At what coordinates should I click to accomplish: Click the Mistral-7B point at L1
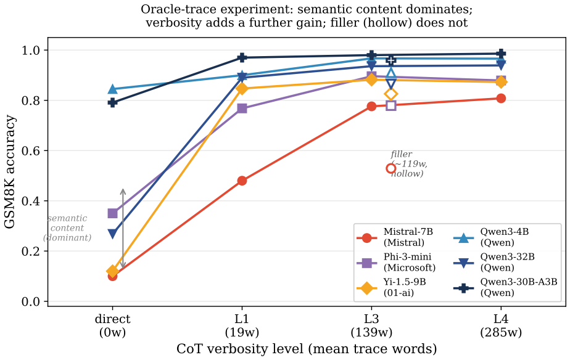coord(242,181)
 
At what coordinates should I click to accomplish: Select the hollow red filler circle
coord(390,168)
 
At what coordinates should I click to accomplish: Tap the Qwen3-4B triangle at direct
coord(113,89)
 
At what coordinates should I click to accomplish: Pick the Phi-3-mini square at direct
coord(113,213)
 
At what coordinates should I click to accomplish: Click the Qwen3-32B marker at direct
coord(113,234)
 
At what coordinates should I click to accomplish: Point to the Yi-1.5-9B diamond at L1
coord(242,88)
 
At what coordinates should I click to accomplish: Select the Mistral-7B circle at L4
coord(501,99)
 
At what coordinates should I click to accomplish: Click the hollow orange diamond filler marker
coord(390,94)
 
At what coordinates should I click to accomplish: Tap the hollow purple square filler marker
coord(390,105)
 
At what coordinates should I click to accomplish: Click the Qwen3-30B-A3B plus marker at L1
coord(242,57)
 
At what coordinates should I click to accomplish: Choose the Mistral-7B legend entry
coord(395,237)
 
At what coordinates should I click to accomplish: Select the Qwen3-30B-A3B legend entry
coord(505,287)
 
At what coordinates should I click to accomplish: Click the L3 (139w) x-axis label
coord(371,325)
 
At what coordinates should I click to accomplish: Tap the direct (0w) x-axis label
coord(113,325)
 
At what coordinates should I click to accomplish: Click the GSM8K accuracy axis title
coord(9,172)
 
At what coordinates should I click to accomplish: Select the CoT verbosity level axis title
coord(307,349)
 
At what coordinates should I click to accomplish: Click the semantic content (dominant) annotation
coord(67,227)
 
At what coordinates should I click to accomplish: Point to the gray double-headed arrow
coord(123,229)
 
